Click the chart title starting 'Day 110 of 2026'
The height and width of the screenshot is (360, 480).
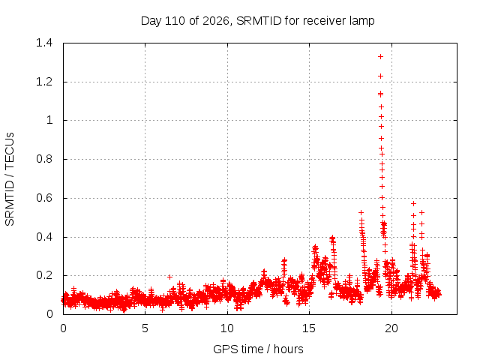click(x=257, y=21)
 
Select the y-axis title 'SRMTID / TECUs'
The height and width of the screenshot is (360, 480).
click(x=10, y=179)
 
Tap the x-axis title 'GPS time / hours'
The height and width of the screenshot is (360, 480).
click(x=258, y=349)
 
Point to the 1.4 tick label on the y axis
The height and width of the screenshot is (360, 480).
click(x=44, y=43)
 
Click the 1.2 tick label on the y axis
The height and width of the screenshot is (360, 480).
click(x=44, y=82)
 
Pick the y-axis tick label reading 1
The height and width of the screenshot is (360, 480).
click(x=49, y=120)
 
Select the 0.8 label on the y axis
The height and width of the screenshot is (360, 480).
click(x=44, y=159)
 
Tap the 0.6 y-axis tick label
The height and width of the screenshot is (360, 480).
click(x=44, y=198)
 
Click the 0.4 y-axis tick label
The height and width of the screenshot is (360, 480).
click(x=44, y=237)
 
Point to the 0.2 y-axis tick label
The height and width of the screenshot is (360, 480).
click(x=44, y=275)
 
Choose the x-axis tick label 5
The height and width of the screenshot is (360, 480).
click(x=145, y=328)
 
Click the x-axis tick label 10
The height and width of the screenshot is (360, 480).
click(x=227, y=328)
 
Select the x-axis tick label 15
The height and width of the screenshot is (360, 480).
click(x=309, y=328)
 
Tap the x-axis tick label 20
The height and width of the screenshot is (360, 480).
click(x=391, y=328)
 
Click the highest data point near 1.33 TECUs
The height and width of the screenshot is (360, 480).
click(x=380, y=57)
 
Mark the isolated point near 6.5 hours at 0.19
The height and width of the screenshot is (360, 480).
click(x=170, y=277)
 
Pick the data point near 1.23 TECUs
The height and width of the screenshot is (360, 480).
click(x=380, y=76)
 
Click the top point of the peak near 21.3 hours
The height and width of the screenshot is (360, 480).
click(x=413, y=203)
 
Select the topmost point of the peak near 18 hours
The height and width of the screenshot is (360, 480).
click(x=361, y=212)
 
